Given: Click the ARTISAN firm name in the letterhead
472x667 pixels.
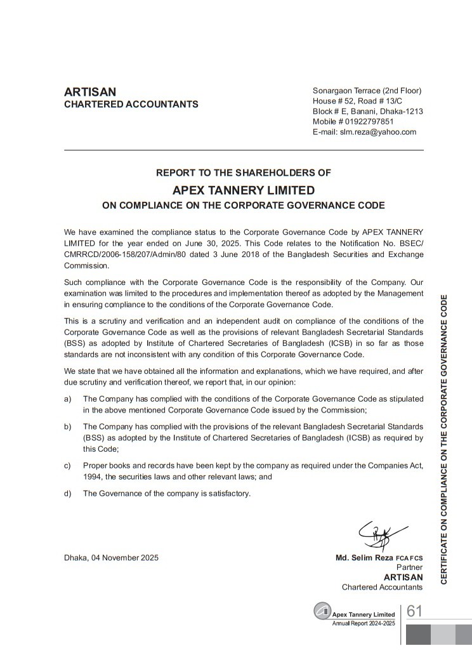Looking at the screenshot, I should pos(90,92).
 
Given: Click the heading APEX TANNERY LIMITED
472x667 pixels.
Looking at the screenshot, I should pos(244,190).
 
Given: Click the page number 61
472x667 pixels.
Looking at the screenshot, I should pos(415,611).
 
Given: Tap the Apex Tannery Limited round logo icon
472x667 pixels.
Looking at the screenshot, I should pos(323,611).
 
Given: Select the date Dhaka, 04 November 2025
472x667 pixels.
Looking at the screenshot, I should pos(112,558).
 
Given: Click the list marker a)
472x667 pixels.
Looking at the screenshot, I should pos(67,399).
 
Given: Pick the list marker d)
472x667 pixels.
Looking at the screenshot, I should pos(67,493).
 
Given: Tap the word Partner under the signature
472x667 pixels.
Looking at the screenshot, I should pos(409,567).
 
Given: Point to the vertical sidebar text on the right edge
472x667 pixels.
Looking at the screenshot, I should pos(444,439).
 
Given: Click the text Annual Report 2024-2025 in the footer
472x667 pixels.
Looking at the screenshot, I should pos(364,623).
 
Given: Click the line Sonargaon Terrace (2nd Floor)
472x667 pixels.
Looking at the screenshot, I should pos(367,91).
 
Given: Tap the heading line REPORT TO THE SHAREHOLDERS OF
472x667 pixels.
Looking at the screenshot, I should pos(244,173).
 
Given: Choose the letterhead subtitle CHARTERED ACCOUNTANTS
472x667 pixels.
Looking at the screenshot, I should pos(131,105).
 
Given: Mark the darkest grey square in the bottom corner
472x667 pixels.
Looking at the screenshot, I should pos(418,635).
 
